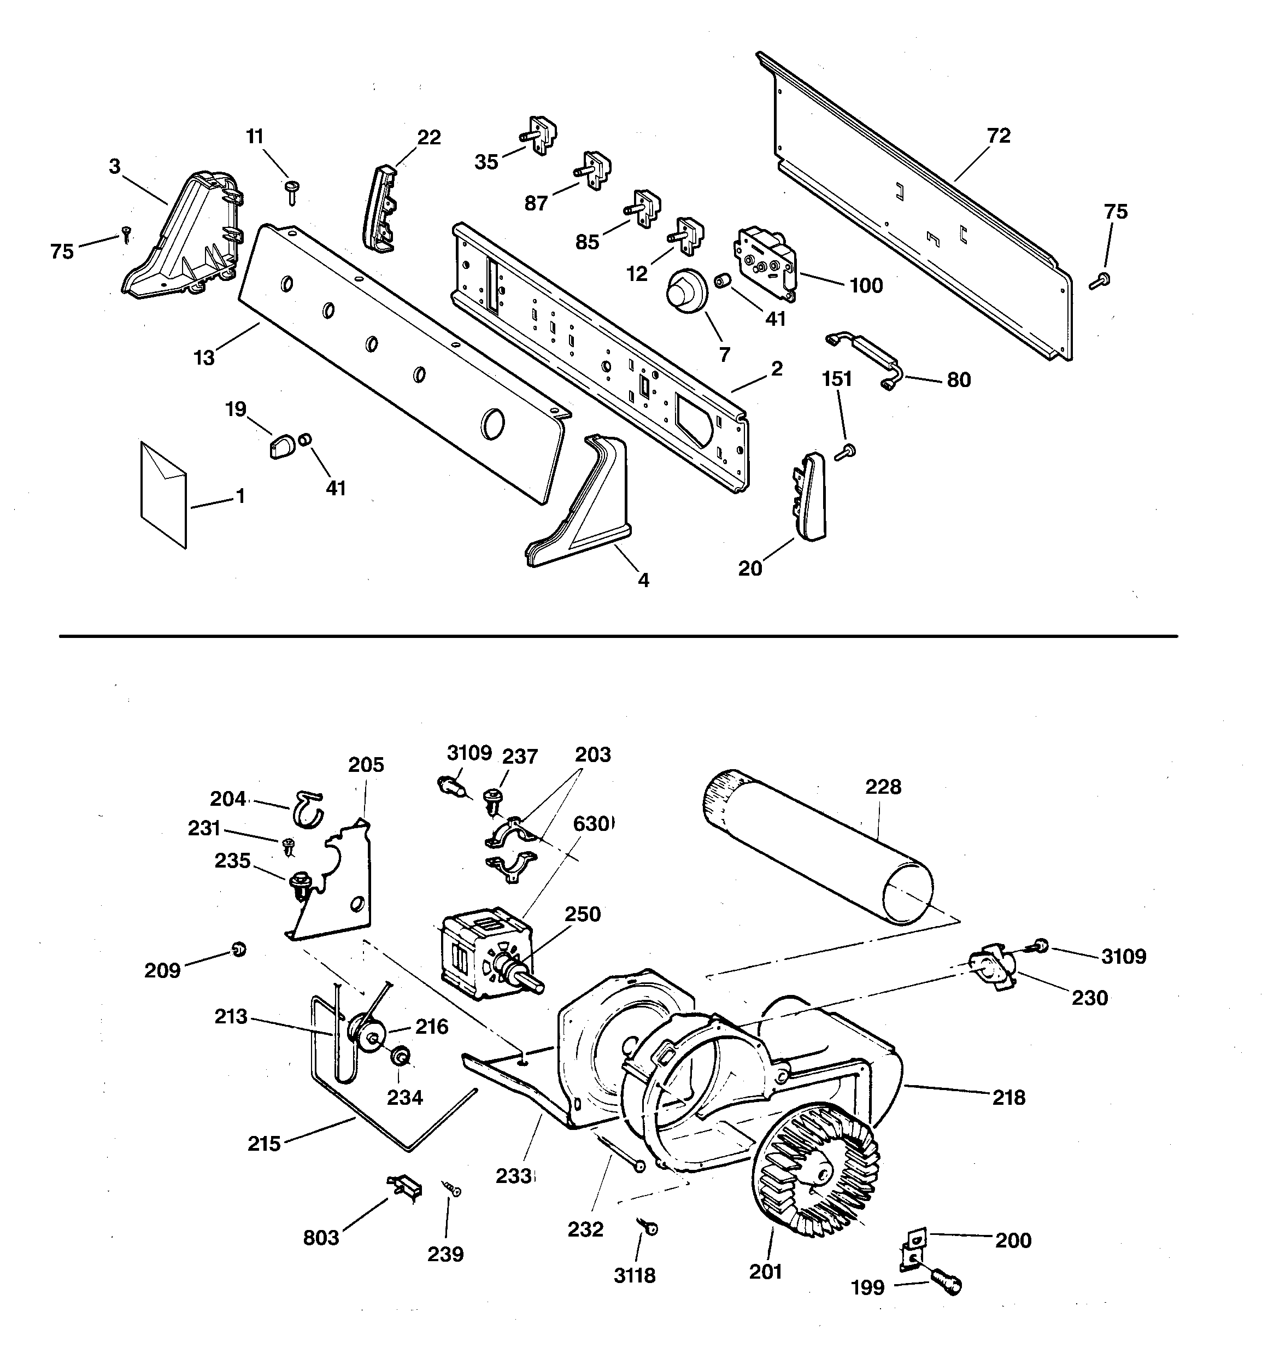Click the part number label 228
tap(883, 787)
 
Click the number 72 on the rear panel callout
tap(999, 136)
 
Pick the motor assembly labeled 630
tap(485, 952)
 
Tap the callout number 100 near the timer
tap(866, 285)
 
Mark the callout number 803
tap(321, 1237)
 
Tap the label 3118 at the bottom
tap(635, 1275)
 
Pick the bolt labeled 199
tap(946, 1280)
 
